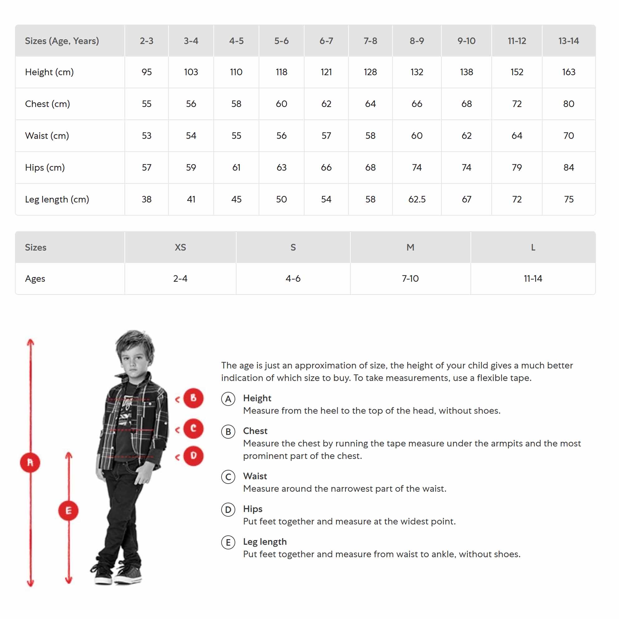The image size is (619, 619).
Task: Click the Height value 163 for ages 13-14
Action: coord(568,72)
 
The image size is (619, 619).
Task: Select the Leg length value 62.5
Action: coord(417,199)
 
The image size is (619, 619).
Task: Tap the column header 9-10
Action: coord(466,41)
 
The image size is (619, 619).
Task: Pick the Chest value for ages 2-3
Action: coord(146,104)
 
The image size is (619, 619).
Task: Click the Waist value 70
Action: coord(568,135)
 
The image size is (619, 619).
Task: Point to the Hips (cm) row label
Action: coord(45,168)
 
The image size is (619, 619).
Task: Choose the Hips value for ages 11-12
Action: coord(516,168)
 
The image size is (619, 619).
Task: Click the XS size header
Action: coord(180,247)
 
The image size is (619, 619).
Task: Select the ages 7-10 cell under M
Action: coord(410,278)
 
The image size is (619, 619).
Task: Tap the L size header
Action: coord(533,247)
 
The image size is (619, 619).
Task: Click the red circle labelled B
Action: coord(193,398)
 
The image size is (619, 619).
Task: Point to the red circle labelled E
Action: coord(68,510)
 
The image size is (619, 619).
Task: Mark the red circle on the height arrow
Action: coord(30,462)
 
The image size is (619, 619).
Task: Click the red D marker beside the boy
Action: coord(193,456)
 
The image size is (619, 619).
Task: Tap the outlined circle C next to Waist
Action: coord(228,477)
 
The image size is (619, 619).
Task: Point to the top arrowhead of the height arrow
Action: coord(31,342)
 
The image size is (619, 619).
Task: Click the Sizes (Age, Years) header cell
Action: coord(62,41)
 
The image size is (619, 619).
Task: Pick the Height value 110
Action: coord(236,72)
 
